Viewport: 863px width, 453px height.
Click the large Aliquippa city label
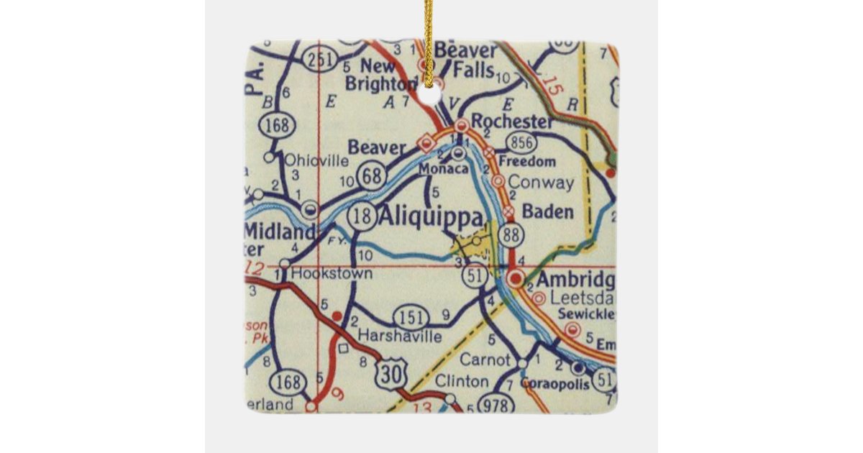[429, 216]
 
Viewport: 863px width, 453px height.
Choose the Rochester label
[513, 121]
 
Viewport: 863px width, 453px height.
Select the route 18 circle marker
[361, 214]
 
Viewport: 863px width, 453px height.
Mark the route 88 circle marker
[513, 234]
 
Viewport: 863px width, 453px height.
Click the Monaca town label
[443, 168]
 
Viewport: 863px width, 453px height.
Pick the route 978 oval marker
[496, 404]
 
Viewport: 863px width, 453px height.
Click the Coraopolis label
[555, 385]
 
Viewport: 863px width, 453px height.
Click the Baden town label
[547, 212]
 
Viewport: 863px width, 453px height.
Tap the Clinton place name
[461, 381]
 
